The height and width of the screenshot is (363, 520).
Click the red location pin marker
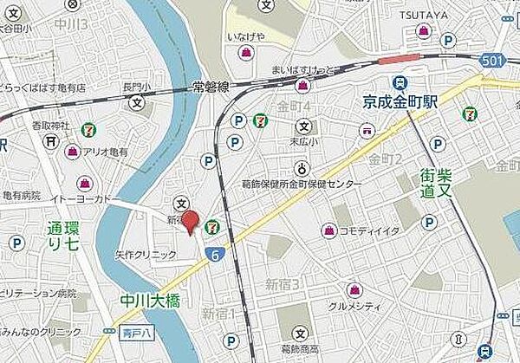[192, 220]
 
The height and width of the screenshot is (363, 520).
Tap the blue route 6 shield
[212, 253]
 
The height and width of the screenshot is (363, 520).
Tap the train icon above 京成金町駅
[400, 83]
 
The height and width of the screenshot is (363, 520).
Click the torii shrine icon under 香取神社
[53, 139]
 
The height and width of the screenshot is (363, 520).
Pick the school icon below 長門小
[137, 103]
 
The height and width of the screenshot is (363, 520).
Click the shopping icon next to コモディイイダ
[328, 230]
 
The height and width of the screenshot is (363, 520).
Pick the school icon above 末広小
[302, 120]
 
